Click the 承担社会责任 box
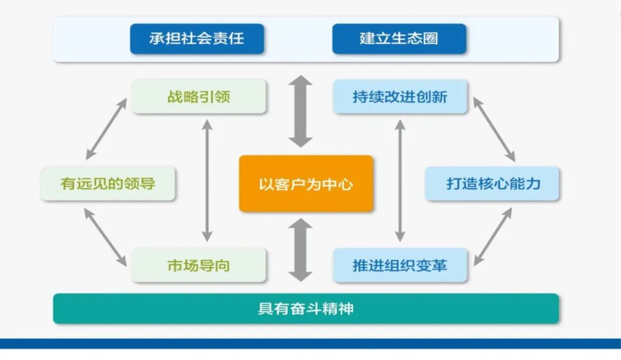(x=197, y=39)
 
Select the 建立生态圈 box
(x=399, y=39)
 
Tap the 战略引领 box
(x=198, y=97)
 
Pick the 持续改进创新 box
(x=400, y=97)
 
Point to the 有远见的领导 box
(x=108, y=184)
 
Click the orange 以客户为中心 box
(x=306, y=184)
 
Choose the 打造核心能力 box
(x=492, y=184)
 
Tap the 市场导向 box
(x=198, y=266)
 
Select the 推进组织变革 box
(x=400, y=266)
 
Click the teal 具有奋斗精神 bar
(x=306, y=309)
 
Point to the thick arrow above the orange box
(x=300, y=111)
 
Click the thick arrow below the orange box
(x=300, y=250)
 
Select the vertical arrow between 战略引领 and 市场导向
(x=208, y=180)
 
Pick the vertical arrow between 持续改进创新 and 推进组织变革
(x=400, y=180)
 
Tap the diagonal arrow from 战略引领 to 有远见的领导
(x=106, y=129)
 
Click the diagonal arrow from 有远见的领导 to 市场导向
(x=106, y=236)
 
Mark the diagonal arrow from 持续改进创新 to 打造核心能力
(x=494, y=129)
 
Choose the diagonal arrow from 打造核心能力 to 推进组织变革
(x=493, y=236)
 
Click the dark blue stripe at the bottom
(x=310, y=343)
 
